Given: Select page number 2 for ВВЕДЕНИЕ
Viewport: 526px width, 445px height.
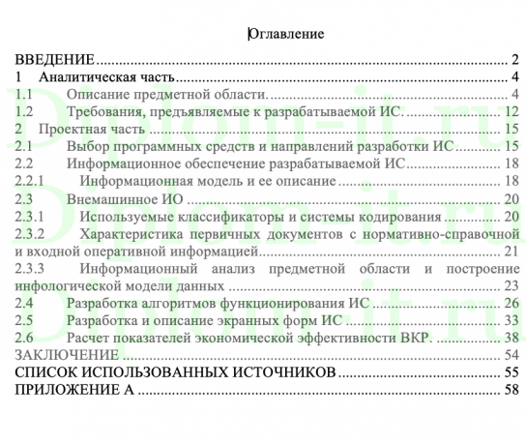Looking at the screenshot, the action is tap(517, 59).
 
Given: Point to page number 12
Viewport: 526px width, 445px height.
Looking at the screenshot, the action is tap(513, 111).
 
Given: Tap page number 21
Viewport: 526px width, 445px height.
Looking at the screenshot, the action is tap(513, 251).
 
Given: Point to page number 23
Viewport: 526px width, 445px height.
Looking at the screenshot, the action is tap(513, 285).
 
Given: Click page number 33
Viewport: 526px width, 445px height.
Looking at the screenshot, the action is tap(513, 320).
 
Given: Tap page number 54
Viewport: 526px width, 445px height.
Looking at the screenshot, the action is tap(513, 355).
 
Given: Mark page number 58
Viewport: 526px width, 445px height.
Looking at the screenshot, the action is tap(513, 390).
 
